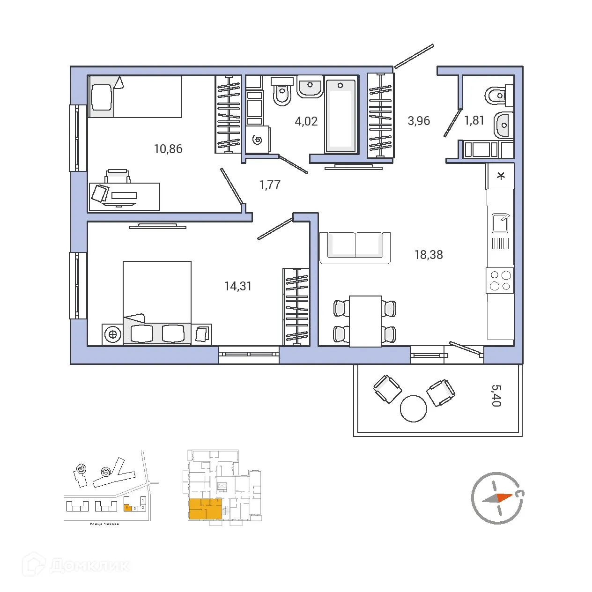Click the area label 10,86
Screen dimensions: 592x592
pos(168,149)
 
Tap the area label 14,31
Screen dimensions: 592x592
pos(238,286)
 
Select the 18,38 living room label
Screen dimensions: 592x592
pos(429,255)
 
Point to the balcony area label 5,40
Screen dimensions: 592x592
pos(496,396)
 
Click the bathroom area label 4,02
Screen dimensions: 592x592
pos(306,121)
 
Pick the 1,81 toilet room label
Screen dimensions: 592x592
pos(474,121)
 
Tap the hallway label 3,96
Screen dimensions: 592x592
pos(419,121)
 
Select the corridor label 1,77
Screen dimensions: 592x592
pos(270,185)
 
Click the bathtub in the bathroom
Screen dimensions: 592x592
pos(340,116)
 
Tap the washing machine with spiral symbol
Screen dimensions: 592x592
pos(257,140)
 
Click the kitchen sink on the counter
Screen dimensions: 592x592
pos(500,223)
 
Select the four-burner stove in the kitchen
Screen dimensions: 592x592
pos(500,281)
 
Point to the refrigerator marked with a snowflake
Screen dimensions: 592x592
pos(501,176)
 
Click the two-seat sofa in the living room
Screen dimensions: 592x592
pos(355,246)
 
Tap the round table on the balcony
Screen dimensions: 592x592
pos(413,408)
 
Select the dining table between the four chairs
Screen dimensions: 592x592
pos(365,321)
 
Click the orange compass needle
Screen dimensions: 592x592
pos(504,497)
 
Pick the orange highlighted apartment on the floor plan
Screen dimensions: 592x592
pos(205,509)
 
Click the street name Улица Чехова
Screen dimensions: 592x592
pos(104,524)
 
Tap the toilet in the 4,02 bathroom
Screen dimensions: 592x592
pos(282,92)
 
